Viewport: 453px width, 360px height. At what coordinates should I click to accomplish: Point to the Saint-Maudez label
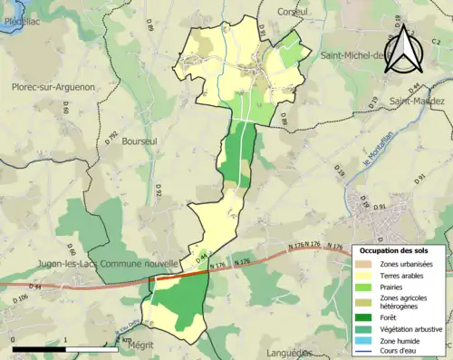click(418, 101)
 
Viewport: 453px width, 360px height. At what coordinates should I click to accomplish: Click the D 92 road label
click(157, 191)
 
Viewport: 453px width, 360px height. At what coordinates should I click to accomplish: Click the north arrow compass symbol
click(406, 52)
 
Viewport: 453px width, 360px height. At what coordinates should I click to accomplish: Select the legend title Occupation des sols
click(396, 249)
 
